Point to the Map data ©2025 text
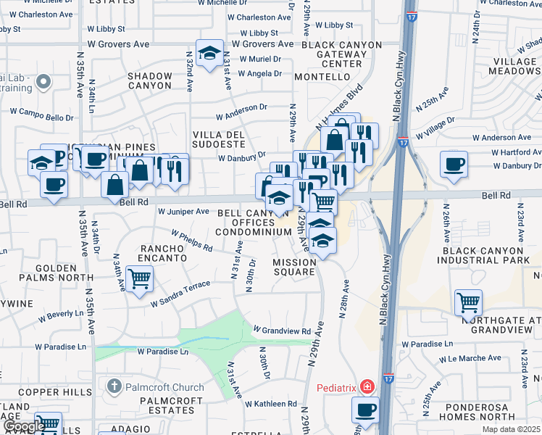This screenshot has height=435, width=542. (512, 429)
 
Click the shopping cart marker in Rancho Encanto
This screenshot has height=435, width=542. (139, 278)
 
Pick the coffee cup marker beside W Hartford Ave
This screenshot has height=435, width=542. (454, 162)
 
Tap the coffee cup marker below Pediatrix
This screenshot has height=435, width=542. (365, 409)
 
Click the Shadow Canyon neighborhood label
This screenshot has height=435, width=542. (150, 80)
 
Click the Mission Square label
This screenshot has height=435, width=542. (294, 267)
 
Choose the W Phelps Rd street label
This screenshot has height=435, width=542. (191, 241)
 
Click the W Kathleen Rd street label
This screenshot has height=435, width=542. (270, 404)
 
